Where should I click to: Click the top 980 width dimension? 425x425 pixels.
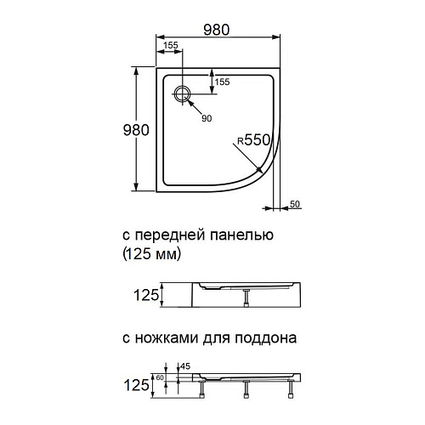pyautogui.click(x=217, y=29)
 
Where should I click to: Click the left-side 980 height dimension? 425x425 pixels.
pyautogui.click(x=135, y=129)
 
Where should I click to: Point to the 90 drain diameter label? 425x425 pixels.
pyautogui.click(x=207, y=118)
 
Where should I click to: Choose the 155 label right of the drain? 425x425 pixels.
pyautogui.click(x=222, y=82)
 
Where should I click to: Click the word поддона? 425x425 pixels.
pyautogui.click(x=268, y=338)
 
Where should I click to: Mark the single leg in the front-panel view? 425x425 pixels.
pyautogui.click(x=246, y=297)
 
